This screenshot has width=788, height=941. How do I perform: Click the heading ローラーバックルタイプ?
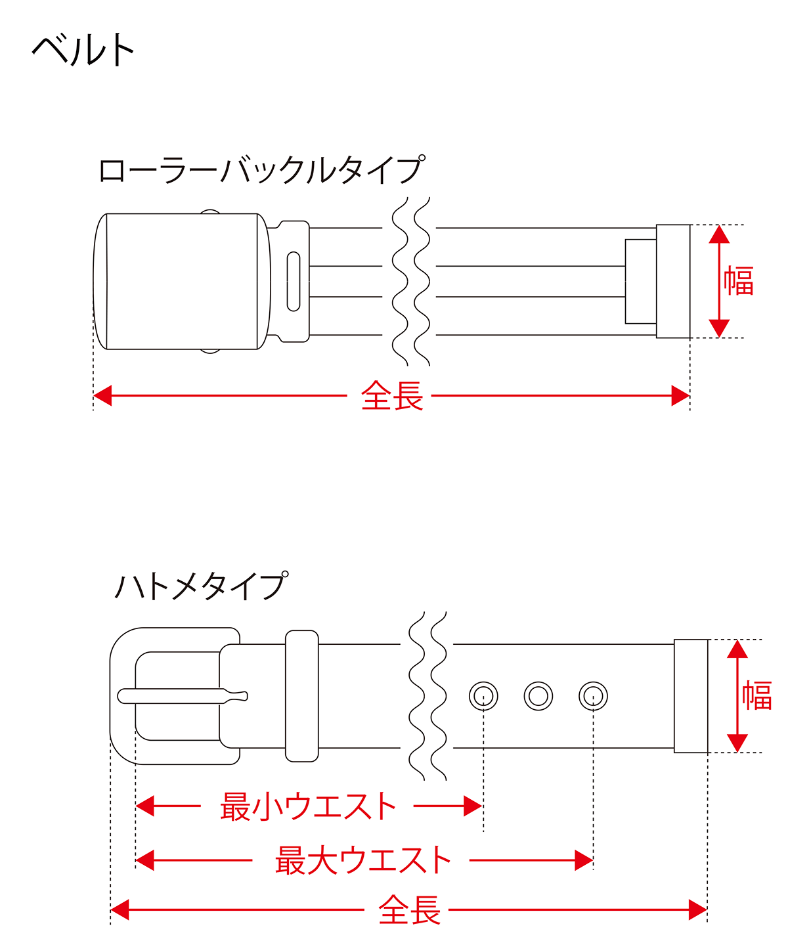261,171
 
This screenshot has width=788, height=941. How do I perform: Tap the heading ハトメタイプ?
201,586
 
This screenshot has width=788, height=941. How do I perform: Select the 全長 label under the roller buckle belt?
391,397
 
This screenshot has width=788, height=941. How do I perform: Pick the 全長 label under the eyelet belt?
409,911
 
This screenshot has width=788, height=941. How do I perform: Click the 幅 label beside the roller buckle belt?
739,281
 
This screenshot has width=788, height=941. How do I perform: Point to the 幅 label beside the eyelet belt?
756,695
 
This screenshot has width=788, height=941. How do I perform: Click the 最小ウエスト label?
308,806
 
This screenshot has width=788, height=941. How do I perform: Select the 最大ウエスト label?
362,860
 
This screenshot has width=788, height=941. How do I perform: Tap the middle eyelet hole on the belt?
538,695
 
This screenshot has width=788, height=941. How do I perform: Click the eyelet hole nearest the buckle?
483,695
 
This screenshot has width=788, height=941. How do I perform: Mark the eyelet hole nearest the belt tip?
593,695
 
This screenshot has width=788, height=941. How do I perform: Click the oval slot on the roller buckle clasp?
294,281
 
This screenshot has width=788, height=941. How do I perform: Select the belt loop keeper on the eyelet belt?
301,695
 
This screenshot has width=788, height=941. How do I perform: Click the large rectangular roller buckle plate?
181,281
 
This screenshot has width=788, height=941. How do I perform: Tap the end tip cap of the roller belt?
673,281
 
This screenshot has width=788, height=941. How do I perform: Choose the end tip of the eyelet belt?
691,695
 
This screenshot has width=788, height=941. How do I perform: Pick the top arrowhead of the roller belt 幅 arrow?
720,234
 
